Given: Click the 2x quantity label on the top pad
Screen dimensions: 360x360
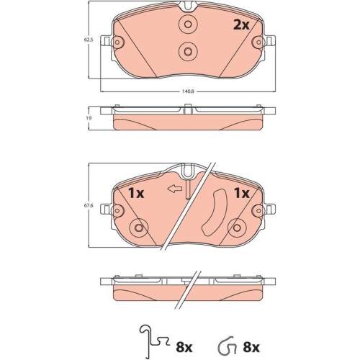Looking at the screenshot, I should pos(240,24).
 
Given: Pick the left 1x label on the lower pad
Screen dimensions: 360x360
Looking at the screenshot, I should pos(136,193).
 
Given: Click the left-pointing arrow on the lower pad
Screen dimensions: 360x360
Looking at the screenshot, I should pos(172,189).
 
